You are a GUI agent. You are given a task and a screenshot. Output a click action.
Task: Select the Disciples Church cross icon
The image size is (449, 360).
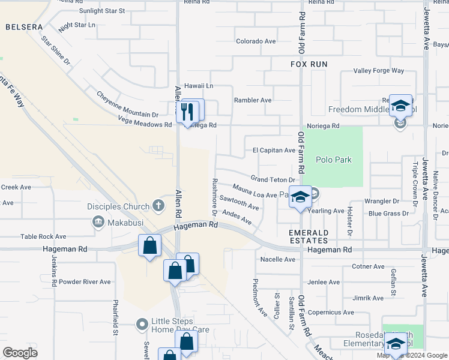point(158,206)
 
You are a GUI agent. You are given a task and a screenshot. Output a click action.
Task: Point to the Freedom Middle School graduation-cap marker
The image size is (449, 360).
point(400,107)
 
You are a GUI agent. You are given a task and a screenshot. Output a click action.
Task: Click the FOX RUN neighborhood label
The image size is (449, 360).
point(309,63)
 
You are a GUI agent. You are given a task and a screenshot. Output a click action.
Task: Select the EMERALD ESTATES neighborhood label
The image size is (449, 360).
point(309,236)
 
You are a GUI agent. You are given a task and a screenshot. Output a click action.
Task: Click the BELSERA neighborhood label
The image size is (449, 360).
point(24,28)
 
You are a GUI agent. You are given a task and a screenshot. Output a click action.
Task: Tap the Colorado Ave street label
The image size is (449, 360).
point(256,41)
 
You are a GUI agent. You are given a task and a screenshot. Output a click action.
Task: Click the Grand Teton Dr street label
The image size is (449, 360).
point(273,179)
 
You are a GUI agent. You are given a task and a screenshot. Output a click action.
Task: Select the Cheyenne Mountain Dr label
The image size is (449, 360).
point(127,104)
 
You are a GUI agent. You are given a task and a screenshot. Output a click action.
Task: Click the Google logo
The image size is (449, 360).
point(20,353)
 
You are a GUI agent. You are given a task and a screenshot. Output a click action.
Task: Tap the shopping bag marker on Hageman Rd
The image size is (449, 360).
point(149,245)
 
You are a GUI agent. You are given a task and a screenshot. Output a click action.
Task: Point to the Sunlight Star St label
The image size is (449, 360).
point(102,11)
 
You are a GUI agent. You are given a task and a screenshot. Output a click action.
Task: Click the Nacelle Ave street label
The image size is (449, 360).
point(278,259)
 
